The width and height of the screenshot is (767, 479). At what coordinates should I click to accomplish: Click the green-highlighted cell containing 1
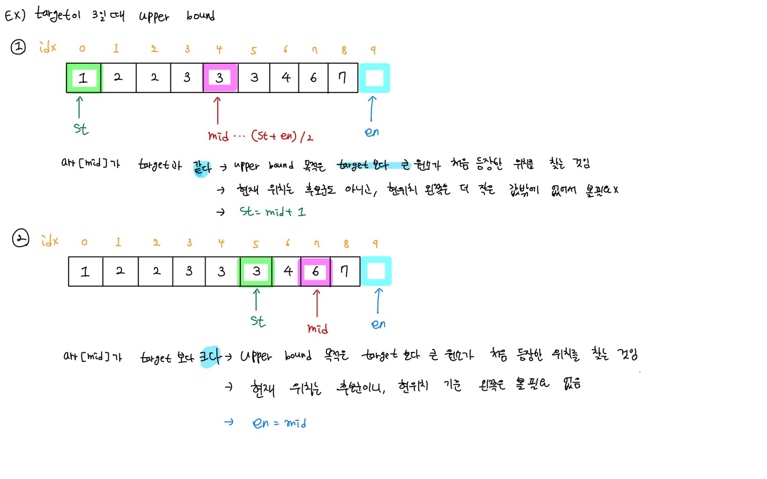click(84, 78)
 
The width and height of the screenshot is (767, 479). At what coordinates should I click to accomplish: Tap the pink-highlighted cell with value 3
click(219, 78)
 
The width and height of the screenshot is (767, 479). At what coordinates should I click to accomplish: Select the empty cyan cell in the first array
click(374, 78)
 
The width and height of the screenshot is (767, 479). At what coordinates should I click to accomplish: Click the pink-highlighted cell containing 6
click(315, 271)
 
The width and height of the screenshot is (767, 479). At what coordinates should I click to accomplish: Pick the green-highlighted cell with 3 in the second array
click(256, 271)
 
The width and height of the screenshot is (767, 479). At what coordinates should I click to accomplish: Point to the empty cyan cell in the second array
click(376, 271)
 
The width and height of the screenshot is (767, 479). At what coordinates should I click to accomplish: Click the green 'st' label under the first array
click(81, 129)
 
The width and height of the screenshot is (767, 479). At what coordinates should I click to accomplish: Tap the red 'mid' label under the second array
click(317, 329)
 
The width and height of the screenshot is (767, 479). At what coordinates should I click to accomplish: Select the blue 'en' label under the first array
click(372, 132)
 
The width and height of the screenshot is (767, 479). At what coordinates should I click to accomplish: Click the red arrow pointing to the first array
click(217, 110)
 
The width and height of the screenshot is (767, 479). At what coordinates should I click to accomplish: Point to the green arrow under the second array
click(256, 300)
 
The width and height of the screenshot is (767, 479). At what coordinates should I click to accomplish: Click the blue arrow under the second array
click(378, 301)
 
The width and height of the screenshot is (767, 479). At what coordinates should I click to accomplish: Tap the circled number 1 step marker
click(18, 47)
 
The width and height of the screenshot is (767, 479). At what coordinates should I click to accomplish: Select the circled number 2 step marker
click(20, 238)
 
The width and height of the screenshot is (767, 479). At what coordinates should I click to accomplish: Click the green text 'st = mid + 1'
click(273, 212)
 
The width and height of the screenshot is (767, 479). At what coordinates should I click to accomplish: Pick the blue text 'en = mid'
click(279, 423)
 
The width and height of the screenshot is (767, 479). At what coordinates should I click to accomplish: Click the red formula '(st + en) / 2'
click(282, 136)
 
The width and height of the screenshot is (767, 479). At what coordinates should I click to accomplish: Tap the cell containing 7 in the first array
click(342, 78)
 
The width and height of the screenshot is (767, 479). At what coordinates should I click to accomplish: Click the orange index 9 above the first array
click(373, 49)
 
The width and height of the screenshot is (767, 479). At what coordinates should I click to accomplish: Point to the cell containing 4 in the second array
click(288, 271)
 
